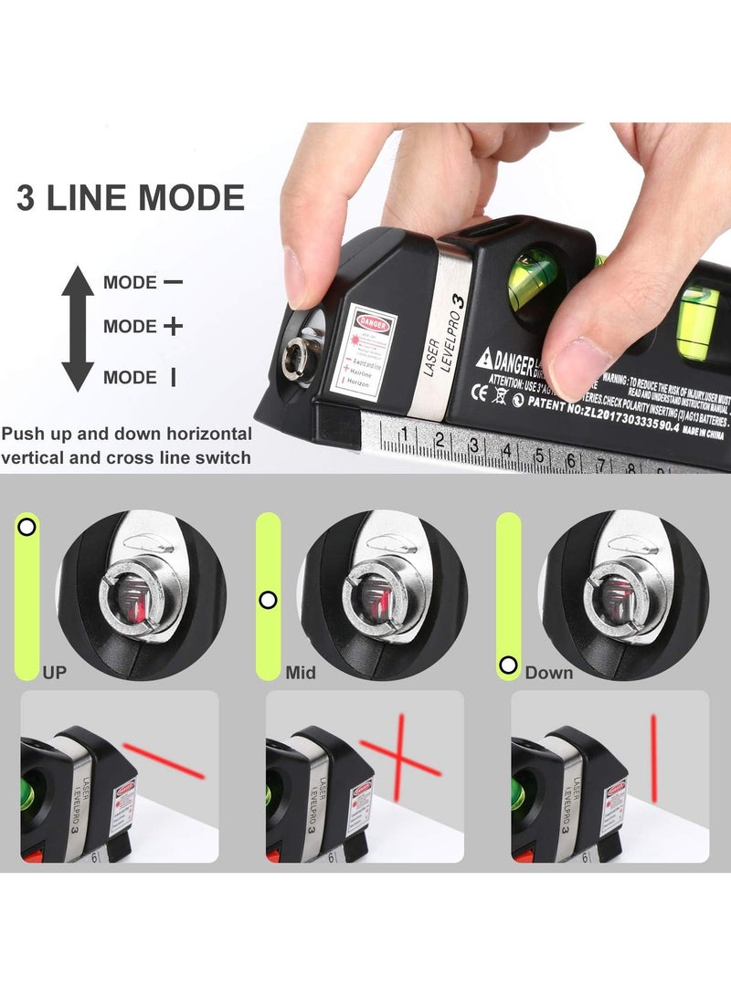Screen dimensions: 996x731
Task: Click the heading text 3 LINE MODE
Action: point(131,198)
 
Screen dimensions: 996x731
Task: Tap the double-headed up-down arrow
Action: point(78,327)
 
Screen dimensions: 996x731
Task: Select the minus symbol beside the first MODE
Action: point(173,282)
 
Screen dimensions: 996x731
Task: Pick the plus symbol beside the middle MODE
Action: point(173,326)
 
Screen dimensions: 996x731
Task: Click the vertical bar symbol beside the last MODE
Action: point(173,376)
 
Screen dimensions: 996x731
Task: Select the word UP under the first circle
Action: point(54,673)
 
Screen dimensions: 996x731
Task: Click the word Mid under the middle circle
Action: point(301,673)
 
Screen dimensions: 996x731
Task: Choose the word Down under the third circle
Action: point(549,673)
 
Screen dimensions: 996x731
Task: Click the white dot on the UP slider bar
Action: point(27,527)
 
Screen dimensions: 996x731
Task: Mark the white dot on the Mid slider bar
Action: point(268,600)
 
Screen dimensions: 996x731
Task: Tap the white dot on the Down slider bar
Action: point(508,665)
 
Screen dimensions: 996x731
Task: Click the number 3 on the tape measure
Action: point(473,445)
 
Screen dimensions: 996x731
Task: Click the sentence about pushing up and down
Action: point(127,445)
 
